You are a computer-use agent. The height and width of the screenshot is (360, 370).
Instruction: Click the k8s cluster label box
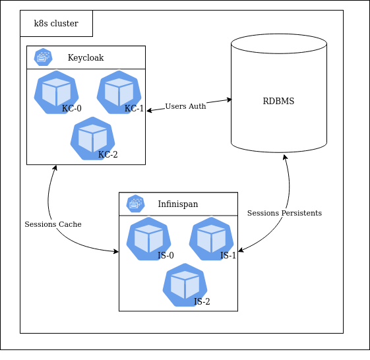[56, 24]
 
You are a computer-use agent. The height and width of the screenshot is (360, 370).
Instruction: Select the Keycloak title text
[86, 57]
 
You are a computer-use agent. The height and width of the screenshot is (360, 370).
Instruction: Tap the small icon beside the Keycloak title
[44, 57]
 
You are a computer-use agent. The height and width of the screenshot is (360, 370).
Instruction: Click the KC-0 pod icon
[56, 93]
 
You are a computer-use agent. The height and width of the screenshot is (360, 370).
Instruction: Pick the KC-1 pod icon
[119, 93]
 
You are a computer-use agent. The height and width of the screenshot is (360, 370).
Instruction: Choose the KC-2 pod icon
[92, 138]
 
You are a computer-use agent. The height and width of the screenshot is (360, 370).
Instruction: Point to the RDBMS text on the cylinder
[278, 102]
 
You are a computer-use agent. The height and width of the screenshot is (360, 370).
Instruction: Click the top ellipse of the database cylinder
[278, 44]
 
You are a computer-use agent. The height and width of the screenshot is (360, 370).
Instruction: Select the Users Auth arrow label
[185, 106]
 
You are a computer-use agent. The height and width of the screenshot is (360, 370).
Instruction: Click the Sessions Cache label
[53, 224]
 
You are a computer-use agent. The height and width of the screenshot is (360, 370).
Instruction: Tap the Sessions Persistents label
[284, 213]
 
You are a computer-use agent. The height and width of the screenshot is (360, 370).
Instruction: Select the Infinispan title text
[177, 204]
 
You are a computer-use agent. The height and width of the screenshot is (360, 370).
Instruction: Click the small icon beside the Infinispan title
[136, 204]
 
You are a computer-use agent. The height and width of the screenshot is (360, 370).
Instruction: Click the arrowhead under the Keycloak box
[55, 168]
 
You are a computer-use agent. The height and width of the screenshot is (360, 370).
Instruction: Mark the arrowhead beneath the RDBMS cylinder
[286, 158]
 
